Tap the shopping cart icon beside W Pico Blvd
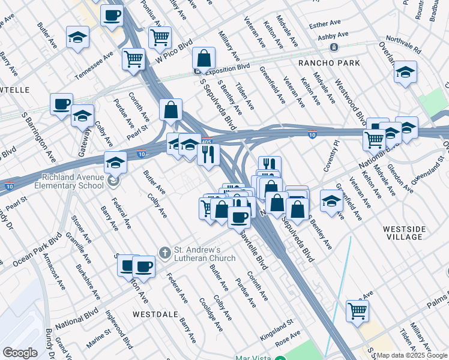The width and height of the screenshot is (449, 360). (160, 37)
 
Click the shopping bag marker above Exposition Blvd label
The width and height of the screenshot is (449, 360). (204, 59)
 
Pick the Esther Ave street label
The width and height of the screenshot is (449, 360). (324, 25)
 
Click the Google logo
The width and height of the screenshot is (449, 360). (20, 353)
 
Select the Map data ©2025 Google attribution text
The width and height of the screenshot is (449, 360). (412, 355)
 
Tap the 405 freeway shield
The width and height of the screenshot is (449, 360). (206, 142)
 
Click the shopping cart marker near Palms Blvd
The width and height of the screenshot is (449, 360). (357, 311)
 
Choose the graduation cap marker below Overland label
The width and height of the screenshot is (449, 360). (406, 73)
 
